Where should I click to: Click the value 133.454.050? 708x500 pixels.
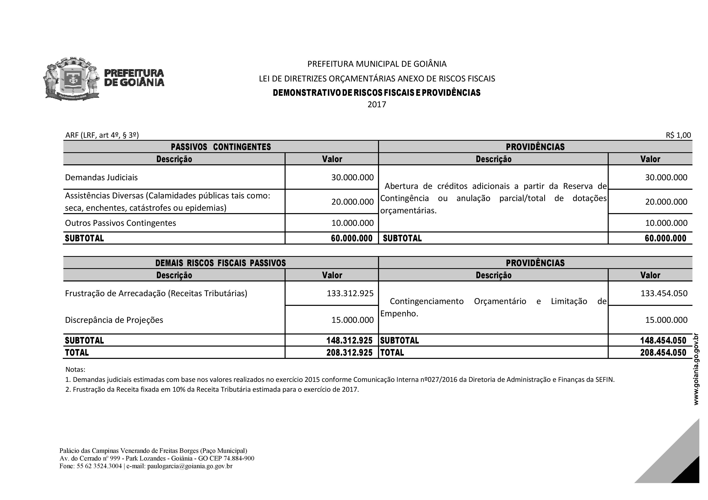coord(664,293)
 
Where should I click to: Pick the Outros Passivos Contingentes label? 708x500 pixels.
coord(120,223)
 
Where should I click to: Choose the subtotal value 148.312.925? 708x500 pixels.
coord(349,340)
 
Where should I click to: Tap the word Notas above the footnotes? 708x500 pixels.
coord(75,369)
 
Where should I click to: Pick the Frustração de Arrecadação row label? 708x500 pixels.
coord(156,293)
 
